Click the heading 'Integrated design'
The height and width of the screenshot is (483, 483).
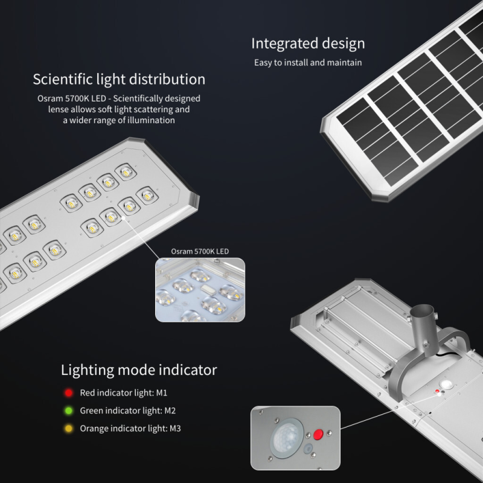(308, 43)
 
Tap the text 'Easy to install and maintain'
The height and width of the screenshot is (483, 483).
(308, 63)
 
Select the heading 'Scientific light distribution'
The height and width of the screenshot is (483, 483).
(119, 80)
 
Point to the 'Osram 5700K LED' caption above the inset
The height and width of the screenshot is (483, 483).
(200, 251)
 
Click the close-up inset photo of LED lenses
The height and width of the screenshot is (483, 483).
(200, 290)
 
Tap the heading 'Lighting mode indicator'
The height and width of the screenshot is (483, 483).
(139, 370)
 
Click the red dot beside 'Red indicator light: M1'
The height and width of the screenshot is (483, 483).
(69, 393)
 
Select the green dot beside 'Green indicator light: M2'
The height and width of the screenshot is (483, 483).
(69, 411)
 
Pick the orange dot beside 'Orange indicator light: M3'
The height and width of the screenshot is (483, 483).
(69, 429)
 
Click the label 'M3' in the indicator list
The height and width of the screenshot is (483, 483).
(175, 429)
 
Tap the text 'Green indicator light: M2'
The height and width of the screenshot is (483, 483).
(128, 411)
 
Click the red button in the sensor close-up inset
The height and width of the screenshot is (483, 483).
(318, 434)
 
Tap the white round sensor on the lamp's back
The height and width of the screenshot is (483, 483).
(446, 385)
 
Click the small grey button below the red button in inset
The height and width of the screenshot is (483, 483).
(308, 449)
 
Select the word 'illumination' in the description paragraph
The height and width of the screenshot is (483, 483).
(151, 120)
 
